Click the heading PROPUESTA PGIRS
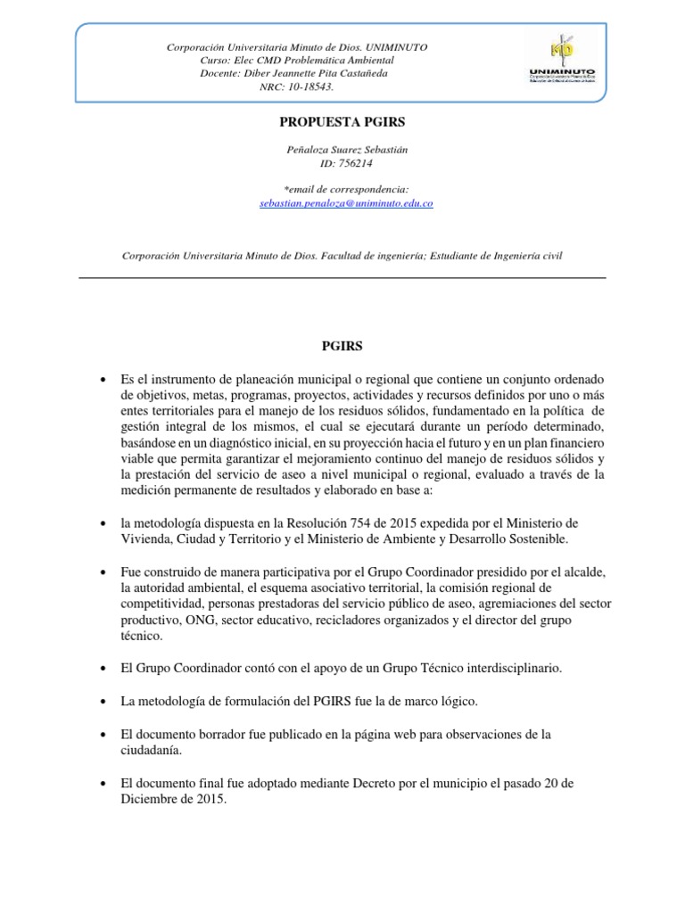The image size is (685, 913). click(x=343, y=120)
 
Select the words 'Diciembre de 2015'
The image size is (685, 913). click(x=172, y=800)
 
